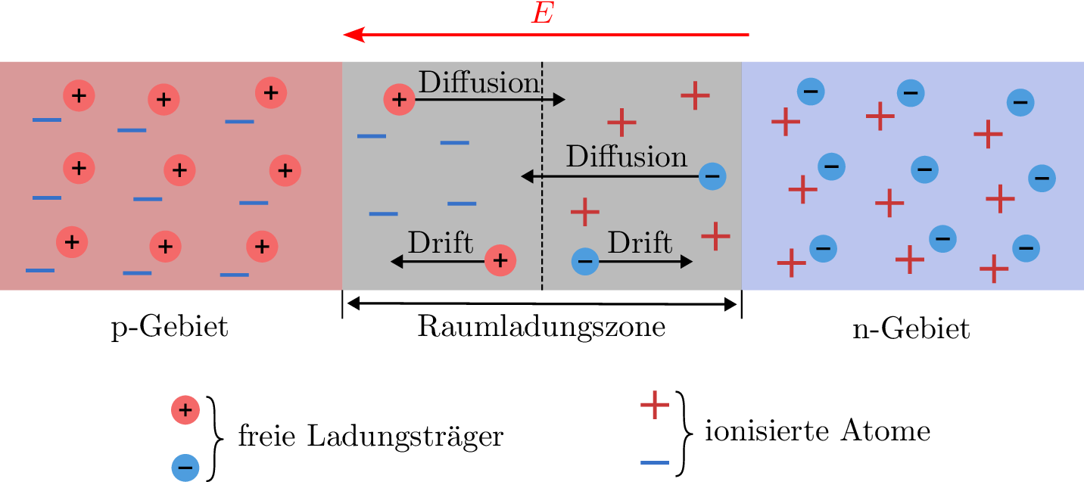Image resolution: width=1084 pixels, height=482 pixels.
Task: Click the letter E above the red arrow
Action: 543,14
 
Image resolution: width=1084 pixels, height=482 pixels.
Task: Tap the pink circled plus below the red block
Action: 185,410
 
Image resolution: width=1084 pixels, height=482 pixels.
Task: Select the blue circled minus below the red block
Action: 185,467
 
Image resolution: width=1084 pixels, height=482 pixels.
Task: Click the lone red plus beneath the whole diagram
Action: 655,405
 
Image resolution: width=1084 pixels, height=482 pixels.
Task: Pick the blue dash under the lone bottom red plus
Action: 655,462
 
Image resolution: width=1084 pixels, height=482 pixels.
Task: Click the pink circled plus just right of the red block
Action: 399,100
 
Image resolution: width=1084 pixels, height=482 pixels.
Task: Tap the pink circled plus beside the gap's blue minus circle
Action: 500,260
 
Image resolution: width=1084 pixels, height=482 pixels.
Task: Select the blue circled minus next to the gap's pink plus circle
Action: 585,262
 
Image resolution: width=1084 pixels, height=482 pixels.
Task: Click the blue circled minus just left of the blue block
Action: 712,176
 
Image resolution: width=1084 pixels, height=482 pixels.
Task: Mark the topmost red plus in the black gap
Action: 695,95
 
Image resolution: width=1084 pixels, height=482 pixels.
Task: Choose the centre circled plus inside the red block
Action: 179,170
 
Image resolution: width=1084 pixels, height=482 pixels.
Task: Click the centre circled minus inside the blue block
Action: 924,169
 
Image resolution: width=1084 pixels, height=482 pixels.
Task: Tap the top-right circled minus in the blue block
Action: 1020,102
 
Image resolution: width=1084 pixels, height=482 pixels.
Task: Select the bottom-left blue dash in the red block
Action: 40,270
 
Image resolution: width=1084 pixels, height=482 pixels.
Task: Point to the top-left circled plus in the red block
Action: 79,95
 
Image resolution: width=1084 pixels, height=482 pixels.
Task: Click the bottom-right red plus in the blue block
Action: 994,269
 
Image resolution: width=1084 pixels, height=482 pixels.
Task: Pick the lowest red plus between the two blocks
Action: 715,236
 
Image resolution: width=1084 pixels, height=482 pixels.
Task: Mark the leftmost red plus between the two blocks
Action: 585,212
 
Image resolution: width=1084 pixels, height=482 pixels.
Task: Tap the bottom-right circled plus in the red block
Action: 262,247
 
